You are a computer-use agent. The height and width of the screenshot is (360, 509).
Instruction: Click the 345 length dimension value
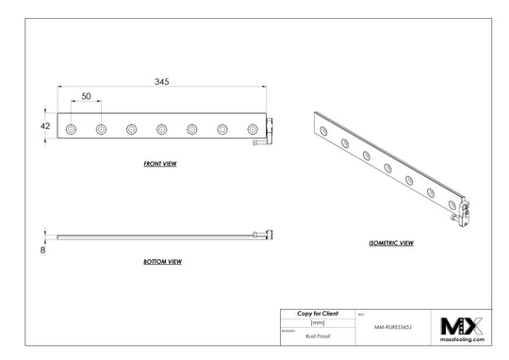(x=162, y=83)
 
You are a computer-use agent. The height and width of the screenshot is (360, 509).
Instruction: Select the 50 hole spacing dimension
(x=86, y=97)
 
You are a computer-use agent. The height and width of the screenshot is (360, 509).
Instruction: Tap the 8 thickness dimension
(x=43, y=251)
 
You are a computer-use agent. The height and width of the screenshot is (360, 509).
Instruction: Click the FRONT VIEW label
(x=161, y=163)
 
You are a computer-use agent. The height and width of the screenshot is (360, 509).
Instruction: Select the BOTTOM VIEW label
(x=162, y=261)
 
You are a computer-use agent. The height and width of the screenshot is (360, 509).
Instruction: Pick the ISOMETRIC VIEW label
(x=391, y=243)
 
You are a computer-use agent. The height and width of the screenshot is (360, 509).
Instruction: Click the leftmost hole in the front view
(x=70, y=127)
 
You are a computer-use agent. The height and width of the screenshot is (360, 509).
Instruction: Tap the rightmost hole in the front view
(x=252, y=127)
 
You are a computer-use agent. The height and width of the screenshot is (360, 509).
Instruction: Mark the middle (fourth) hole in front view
(x=161, y=127)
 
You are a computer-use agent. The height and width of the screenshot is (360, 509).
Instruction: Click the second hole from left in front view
(x=100, y=127)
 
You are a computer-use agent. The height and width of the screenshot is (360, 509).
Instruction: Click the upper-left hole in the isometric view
(x=324, y=128)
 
